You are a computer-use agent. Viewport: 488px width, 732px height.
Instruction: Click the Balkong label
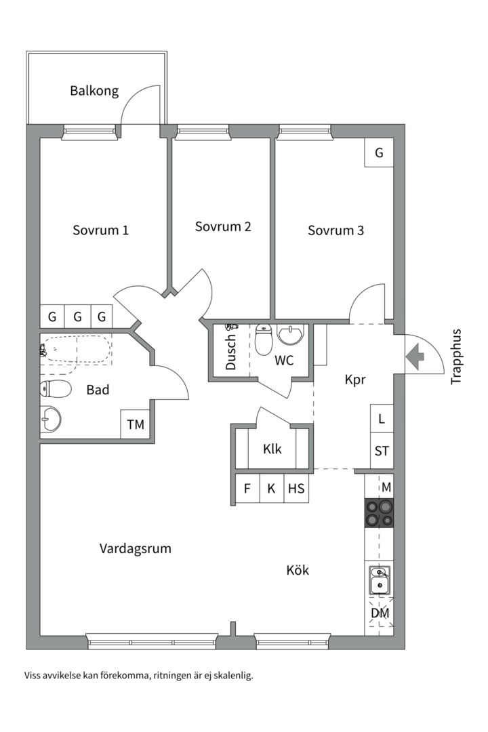tap(94, 91)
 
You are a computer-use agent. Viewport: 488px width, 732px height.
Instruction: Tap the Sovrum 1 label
tap(100, 230)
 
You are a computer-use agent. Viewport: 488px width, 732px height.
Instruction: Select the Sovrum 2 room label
tap(223, 226)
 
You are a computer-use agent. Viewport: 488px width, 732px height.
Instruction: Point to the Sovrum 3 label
tap(335, 230)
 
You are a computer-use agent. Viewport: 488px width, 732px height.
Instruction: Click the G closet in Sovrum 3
tap(379, 153)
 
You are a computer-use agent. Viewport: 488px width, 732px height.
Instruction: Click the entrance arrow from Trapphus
tap(415, 354)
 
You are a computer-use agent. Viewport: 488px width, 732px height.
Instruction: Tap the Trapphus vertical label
tap(456, 357)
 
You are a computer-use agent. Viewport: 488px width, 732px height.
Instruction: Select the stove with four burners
tap(379, 512)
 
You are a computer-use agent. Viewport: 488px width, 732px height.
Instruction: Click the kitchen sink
tap(380, 580)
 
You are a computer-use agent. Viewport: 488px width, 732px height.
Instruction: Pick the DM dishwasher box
tap(380, 613)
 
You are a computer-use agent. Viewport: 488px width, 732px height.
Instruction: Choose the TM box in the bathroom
tap(136, 425)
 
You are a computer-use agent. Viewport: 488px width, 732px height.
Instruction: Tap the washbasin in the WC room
tap(292, 335)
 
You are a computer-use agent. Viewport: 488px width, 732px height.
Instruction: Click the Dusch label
tap(231, 352)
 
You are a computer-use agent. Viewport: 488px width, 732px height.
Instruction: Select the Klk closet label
tap(272, 449)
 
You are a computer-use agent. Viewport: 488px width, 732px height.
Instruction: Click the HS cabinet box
tap(296, 488)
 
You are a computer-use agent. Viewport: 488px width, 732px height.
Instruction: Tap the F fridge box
tap(247, 488)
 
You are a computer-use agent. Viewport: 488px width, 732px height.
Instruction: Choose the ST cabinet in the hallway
tap(382, 451)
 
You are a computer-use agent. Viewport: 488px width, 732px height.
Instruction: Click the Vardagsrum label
tap(135, 548)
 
